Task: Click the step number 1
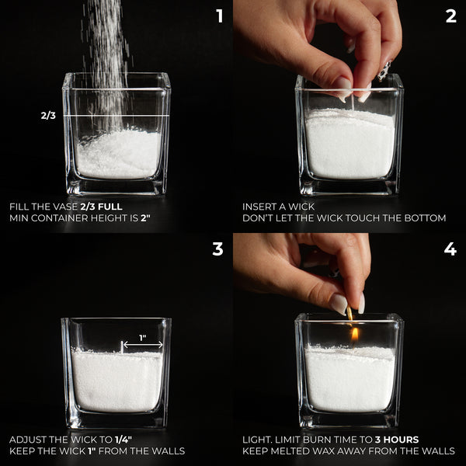click(220, 16)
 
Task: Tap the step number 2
click(450, 16)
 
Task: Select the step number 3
click(217, 249)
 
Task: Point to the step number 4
click(450, 249)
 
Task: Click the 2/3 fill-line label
click(48, 115)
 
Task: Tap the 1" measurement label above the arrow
click(143, 338)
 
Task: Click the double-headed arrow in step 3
click(143, 345)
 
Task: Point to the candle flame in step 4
click(354, 334)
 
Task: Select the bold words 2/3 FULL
click(101, 207)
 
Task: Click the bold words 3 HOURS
click(397, 440)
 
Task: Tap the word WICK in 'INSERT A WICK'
click(301, 207)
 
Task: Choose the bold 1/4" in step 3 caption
click(123, 440)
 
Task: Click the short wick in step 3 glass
click(122, 347)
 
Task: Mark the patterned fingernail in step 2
click(384, 71)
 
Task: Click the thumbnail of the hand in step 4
click(339, 304)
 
